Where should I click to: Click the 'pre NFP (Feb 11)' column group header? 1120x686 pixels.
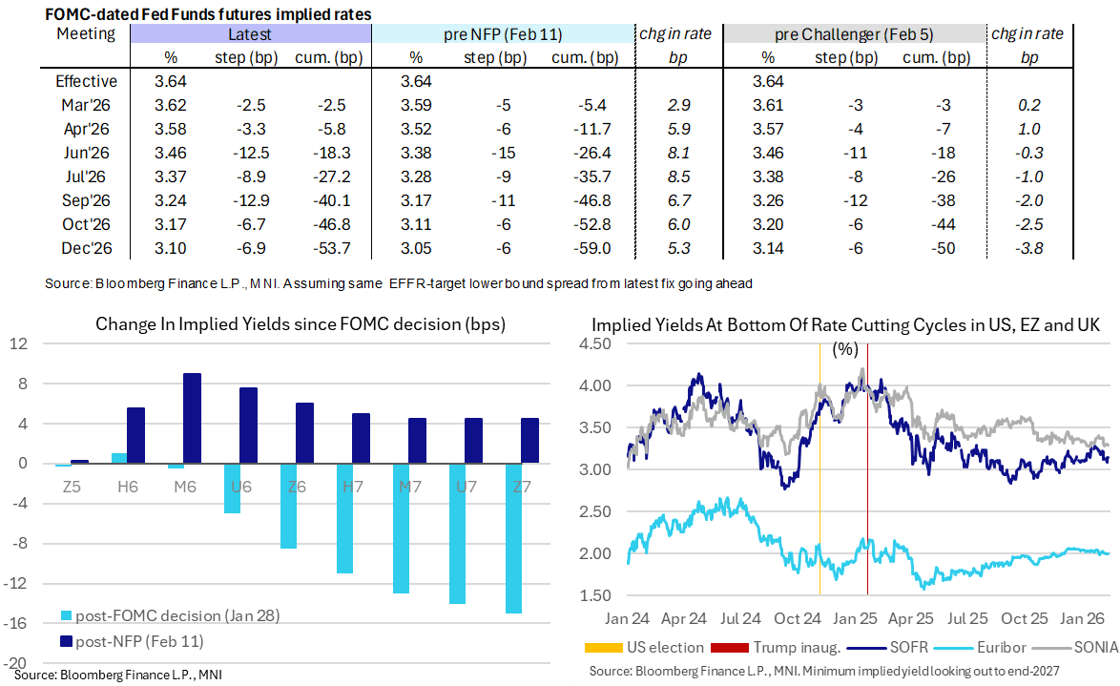coord(503,34)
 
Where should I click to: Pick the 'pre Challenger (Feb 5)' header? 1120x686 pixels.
coord(853,34)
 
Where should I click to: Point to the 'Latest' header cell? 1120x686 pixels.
coord(250,34)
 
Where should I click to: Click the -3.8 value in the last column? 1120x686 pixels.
coord(1029,248)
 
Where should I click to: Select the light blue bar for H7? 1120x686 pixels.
coord(344,518)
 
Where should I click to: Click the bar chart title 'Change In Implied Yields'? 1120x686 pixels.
coord(300,324)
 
